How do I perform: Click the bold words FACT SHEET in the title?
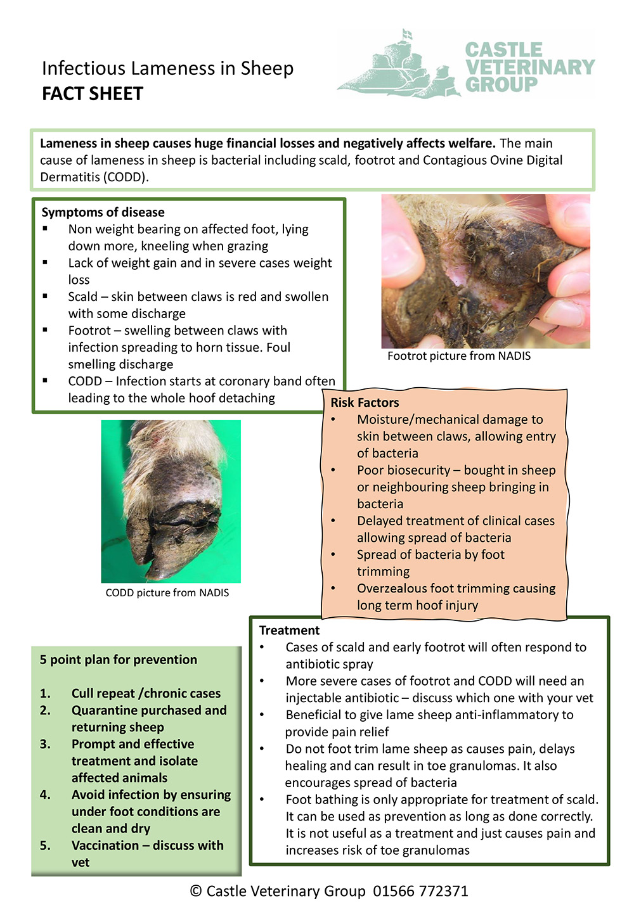[93, 94]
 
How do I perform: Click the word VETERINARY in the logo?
[530, 67]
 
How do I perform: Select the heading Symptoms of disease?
[103, 212]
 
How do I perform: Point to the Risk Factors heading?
[365, 402]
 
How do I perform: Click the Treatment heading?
[289, 630]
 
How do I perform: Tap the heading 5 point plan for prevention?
[119, 660]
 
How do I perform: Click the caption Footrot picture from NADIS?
[459, 356]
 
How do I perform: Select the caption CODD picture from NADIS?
[167, 593]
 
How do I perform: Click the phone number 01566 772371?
[420, 892]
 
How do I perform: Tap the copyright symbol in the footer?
[196, 892]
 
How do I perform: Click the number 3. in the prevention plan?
[45, 745]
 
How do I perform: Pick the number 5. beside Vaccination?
[45, 846]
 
